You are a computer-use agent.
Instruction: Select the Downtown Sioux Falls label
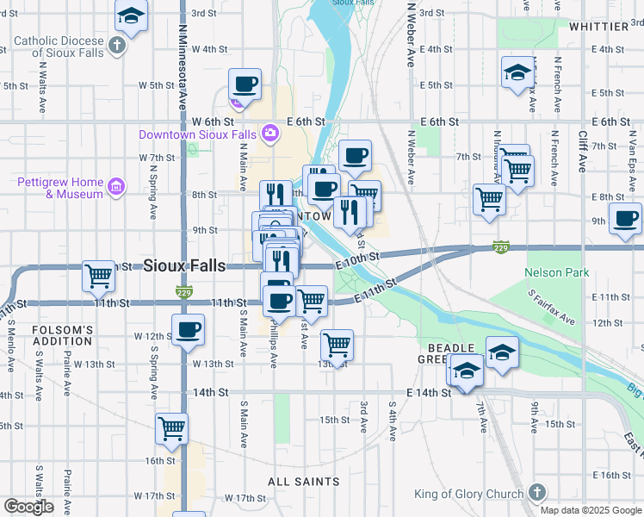197,135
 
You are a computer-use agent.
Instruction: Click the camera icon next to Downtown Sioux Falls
269,133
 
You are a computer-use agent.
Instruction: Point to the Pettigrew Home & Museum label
60,188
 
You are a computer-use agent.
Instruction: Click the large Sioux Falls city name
185,265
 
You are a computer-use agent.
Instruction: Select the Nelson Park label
557,273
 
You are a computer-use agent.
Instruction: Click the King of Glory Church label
468,494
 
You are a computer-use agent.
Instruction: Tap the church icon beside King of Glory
536,492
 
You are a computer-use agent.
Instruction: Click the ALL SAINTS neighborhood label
303,482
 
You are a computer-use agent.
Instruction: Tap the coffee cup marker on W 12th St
188,329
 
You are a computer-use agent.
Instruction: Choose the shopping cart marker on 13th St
337,345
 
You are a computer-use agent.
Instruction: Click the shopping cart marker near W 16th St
172,427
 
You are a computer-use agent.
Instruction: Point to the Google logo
28,507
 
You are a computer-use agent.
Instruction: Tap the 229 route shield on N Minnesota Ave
183,292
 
